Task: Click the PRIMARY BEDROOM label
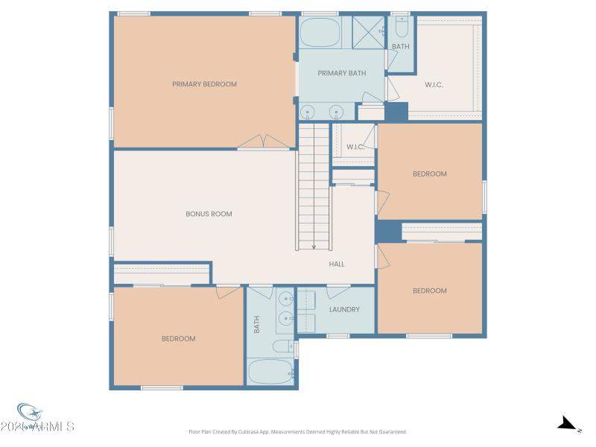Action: click(x=204, y=84)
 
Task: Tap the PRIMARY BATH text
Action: click(x=338, y=73)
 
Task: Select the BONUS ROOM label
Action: click(x=209, y=214)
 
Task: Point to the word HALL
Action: click(x=337, y=264)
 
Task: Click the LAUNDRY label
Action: click(x=344, y=309)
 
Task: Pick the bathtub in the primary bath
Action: click(x=320, y=33)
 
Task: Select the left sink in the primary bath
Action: click(x=309, y=113)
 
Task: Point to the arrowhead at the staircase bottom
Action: click(x=314, y=247)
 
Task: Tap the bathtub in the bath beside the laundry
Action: click(x=270, y=372)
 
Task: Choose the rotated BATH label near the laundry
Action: click(x=256, y=324)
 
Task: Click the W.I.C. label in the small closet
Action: click(x=355, y=147)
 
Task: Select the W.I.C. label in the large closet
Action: click(x=434, y=85)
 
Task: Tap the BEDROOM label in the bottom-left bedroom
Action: click(x=179, y=338)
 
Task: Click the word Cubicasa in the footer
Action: click(x=253, y=431)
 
